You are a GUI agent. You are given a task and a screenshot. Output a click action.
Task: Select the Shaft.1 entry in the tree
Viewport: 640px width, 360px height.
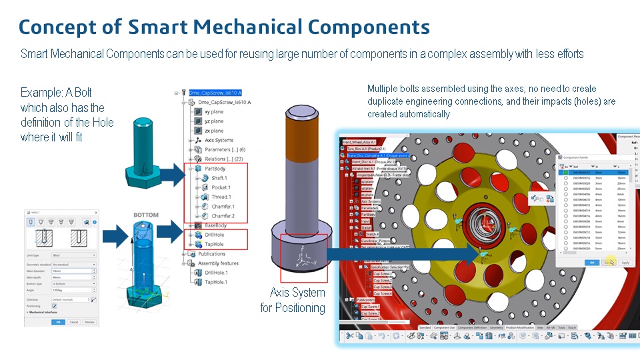point(219,178)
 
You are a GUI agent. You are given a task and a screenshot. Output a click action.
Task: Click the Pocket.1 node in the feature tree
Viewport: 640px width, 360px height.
point(221,187)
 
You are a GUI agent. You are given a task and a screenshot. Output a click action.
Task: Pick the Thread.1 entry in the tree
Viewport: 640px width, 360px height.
point(221,197)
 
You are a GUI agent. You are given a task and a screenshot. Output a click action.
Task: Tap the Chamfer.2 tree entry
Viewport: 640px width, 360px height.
point(223,216)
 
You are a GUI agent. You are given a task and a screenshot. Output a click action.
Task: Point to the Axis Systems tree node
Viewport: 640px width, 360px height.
point(218,140)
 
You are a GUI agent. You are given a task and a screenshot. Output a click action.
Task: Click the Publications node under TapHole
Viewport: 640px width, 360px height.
point(211,254)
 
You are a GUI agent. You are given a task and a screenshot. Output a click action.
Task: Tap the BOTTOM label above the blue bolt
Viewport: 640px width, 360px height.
point(146,215)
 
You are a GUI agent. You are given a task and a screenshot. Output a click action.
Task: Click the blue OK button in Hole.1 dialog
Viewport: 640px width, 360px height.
point(58,322)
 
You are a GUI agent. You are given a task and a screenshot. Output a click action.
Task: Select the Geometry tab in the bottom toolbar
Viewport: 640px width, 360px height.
point(496,327)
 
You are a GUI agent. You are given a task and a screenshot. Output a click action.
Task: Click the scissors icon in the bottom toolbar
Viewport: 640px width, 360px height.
point(348,337)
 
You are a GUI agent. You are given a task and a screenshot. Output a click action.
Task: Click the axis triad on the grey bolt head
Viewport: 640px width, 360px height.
point(304,254)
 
